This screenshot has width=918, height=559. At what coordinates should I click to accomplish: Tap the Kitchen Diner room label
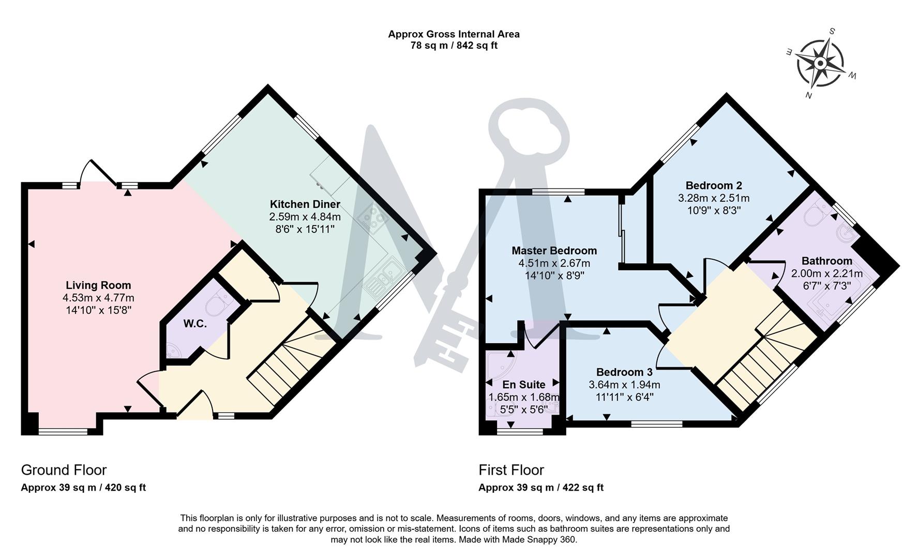point(305,204)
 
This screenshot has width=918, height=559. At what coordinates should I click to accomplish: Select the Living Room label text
point(98,285)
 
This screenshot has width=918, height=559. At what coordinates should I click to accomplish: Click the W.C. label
point(195,324)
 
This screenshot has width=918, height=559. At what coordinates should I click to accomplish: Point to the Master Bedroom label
point(554,251)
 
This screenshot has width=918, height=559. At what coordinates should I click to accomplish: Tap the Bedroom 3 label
point(624,372)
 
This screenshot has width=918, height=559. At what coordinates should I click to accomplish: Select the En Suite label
point(523,385)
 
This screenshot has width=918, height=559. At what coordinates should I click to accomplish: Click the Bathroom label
point(826,261)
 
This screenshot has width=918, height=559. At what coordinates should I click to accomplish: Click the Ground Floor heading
point(64,470)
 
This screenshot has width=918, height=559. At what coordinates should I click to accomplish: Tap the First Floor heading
point(511,470)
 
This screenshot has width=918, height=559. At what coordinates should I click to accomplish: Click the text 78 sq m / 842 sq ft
point(454,46)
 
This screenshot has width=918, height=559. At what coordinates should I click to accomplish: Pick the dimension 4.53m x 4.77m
point(98,298)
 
